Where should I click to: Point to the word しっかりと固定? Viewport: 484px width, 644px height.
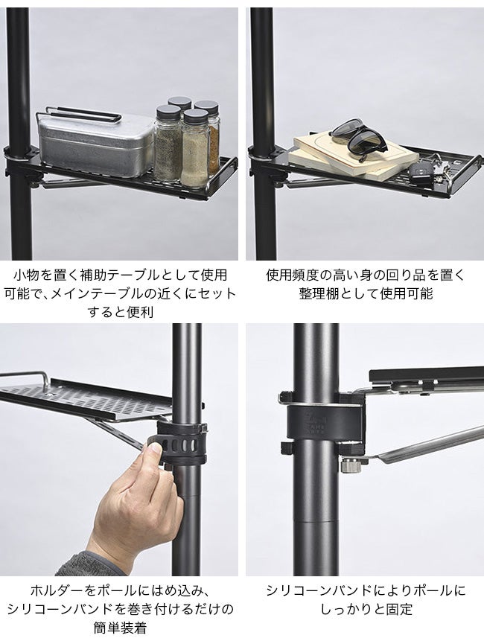coord(366,608)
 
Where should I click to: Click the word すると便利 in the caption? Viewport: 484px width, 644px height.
coord(120,312)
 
